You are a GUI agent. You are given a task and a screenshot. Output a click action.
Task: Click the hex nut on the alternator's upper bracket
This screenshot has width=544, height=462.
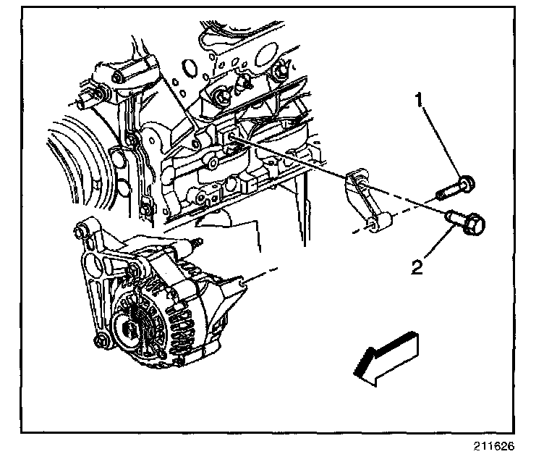click(133, 272)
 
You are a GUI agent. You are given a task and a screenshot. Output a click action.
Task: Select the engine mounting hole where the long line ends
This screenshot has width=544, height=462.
click(232, 135)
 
